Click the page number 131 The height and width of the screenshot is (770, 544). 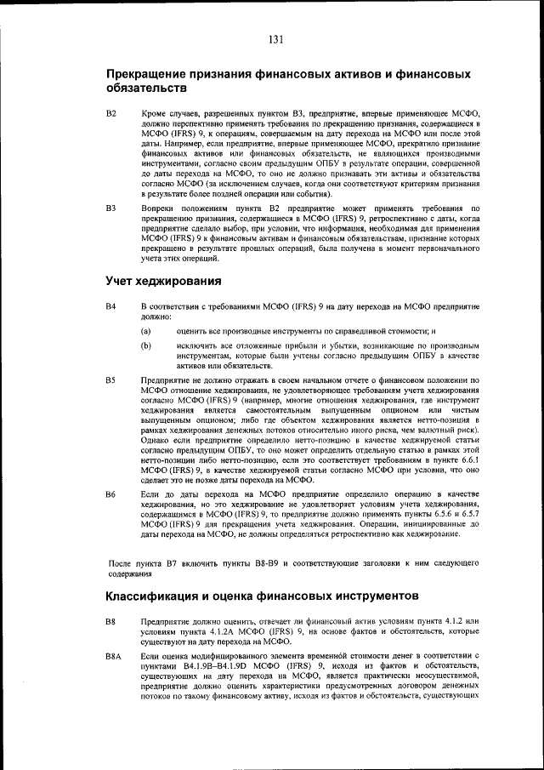[275, 39]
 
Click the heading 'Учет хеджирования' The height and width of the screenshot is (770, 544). [163, 281]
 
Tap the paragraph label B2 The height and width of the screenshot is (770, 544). [110, 113]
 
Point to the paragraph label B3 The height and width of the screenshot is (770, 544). [110, 208]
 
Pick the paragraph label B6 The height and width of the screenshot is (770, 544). [110, 493]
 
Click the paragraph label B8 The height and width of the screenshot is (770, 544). [110, 621]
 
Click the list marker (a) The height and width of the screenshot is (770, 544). [146, 330]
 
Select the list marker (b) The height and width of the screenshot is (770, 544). [146, 346]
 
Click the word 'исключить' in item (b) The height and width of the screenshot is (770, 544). [197, 346]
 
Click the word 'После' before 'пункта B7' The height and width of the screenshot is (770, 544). [122, 563]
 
